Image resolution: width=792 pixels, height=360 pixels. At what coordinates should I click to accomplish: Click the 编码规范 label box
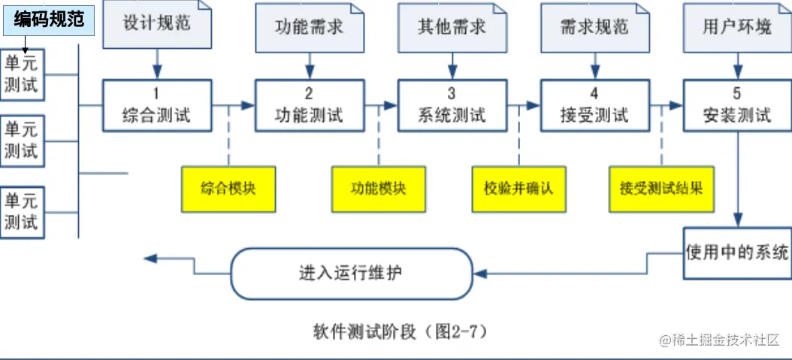pyautogui.click(x=48, y=19)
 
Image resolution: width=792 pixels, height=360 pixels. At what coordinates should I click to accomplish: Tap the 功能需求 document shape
pyautogui.click(x=310, y=27)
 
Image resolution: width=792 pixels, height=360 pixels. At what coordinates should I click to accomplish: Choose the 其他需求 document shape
pyautogui.click(x=452, y=27)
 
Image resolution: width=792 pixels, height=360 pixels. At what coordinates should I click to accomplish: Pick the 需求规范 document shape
pyautogui.click(x=594, y=27)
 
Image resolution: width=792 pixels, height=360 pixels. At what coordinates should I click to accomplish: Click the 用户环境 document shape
pyautogui.click(x=736, y=27)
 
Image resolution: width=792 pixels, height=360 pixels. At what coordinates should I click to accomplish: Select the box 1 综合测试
pyautogui.click(x=156, y=105)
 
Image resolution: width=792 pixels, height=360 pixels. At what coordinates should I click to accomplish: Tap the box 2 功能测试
pyautogui.click(x=309, y=105)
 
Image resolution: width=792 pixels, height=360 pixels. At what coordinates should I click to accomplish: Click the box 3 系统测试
pyautogui.click(x=452, y=105)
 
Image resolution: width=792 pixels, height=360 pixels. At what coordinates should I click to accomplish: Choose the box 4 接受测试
pyautogui.click(x=594, y=105)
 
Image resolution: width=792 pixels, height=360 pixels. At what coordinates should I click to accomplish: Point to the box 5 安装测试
pyautogui.click(x=736, y=105)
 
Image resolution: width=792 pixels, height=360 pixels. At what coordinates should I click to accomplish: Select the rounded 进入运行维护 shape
pyautogui.click(x=351, y=273)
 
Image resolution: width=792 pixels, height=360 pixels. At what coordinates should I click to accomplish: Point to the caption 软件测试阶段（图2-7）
pyautogui.click(x=405, y=331)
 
